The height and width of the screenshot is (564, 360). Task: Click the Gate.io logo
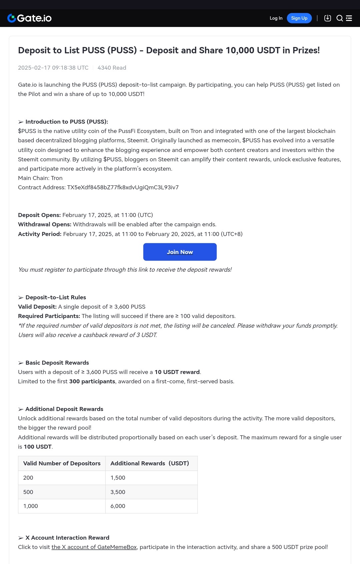pos(29,18)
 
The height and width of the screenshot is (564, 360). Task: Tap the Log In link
pos(276,18)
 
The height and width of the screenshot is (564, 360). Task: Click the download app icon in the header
pos(327,18)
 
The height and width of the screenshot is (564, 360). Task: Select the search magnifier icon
pos(339,18)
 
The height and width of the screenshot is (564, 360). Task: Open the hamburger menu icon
pos(349,18)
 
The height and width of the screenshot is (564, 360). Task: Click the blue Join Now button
pos(180,252)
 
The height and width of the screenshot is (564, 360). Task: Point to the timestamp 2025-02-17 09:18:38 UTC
pos(53,68)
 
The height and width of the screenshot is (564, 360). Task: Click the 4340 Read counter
pos(112,68)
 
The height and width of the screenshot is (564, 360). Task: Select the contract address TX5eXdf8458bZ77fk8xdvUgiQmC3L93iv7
pos(123,187)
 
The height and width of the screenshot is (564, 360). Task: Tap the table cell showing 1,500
pos(118,478)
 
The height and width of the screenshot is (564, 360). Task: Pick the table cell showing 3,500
pos(118,492)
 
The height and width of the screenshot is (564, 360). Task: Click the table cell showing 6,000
pos(118,506)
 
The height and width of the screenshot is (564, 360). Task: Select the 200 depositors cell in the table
pos(28,478)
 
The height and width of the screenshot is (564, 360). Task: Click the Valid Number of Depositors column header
pos(62,463)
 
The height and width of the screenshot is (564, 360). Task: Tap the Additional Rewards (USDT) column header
pos(149,463)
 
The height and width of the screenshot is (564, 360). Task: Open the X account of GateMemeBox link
pos(94,547)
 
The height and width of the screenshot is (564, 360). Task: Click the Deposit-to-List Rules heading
pos(55,297)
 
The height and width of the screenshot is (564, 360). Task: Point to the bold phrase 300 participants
pos(92,381)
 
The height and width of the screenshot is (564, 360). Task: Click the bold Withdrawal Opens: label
pos(45,224)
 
